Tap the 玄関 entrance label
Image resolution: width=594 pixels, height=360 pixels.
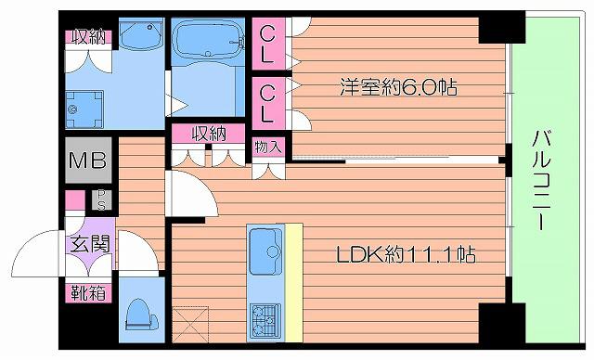(88, 245)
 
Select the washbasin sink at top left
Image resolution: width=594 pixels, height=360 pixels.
(140, 39)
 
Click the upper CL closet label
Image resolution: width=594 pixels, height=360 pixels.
(266, 42)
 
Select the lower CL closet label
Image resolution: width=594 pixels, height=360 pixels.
(266, 102)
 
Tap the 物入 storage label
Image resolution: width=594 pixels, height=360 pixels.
(267, 147)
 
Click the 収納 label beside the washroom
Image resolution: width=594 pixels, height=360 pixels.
(88, 37)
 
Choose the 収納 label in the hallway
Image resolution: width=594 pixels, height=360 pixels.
(210, 133)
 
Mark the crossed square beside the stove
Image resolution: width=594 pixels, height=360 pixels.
(190, 325)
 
